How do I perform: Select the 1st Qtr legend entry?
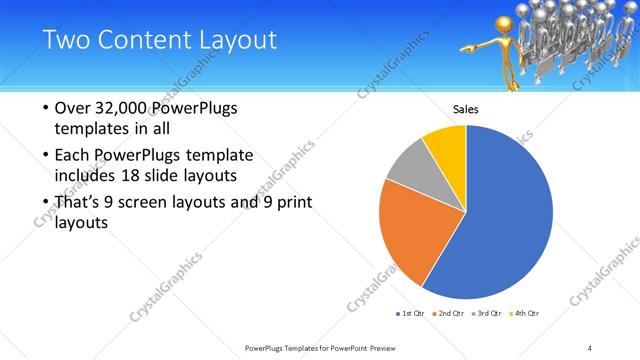[412, 314]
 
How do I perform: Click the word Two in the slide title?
[65, 40]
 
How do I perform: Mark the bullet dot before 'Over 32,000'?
[45, 108]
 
